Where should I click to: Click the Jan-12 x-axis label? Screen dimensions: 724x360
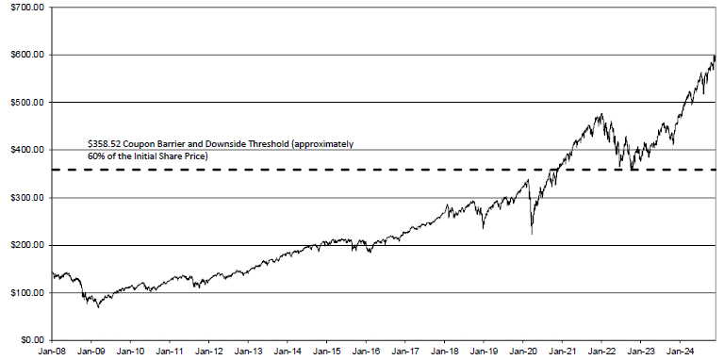pyautogui.click(x=208, y=352)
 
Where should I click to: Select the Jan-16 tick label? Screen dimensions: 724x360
pyautogui.click(x=366, y=352)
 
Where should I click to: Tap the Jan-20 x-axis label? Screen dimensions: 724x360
pyautogui.click(x=522, y=352)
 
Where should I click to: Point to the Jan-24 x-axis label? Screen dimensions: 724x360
pyautogui.click(x=680, y=352)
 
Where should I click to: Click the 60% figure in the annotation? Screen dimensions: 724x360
pyautogui.click(x=94, y=156)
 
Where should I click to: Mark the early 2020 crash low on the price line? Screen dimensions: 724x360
pyautogui.click(x=532, y=234)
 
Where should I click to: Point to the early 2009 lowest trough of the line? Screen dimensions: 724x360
pyautogui.click(x=98, y=307)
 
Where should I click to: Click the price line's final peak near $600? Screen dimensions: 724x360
pyautogui.click(x=715, y=56)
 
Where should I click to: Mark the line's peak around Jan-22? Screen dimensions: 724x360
pyautogui.click(x=601, y=114)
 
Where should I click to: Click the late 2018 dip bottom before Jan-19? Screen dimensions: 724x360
pyautogui.click(x=483, y=228)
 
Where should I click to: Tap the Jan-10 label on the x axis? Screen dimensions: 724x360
pyautogui.click(x=130, y=352)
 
